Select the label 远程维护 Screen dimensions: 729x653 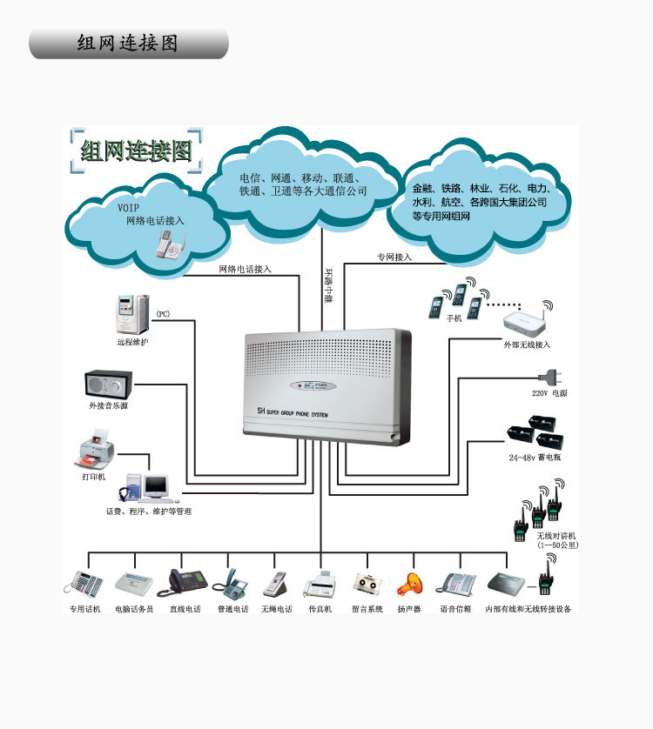click(x=133, y=342)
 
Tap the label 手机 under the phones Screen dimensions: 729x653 click(x=454, y=318)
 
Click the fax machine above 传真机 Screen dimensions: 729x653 click(x=319, y=583)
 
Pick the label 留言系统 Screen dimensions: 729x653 click(x=367, y=609)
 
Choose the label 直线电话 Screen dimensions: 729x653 click(x=185, y=609)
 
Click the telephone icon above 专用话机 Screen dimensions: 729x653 click(x=84, y=582)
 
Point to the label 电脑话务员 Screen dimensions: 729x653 click(x=134, y=609)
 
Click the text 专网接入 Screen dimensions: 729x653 click(x=394, y=257)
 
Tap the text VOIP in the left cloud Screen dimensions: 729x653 click(x=128, y=208)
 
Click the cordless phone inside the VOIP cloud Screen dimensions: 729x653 click(x=169, y=242)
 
